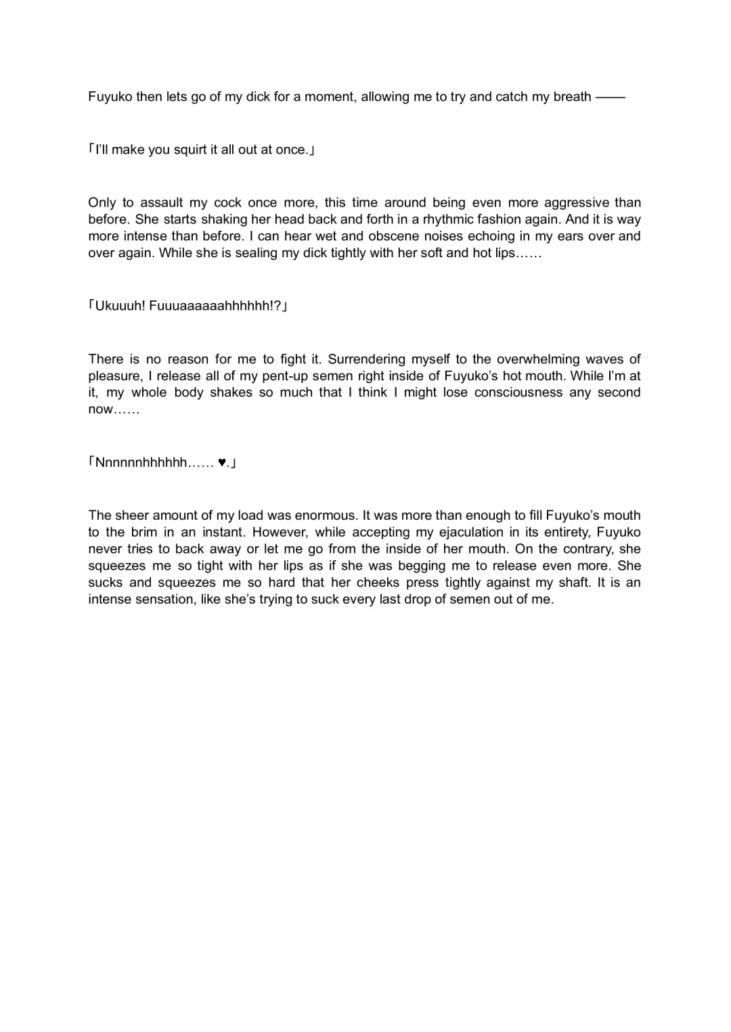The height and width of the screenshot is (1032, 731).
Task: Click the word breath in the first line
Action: point(572,97)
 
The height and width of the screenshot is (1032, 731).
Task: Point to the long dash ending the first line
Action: point(611,97)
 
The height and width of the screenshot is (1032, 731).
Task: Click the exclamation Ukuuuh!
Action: point(120,307)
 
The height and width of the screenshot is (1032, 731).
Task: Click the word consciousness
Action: point(518,392)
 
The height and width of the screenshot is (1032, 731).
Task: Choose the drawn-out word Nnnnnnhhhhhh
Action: point(141,464)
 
